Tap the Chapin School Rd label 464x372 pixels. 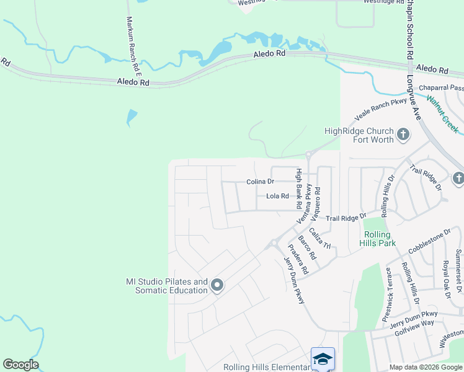click(410, 30)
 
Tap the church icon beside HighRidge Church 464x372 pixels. click(403, 133)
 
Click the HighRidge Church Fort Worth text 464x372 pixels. click(359, 135)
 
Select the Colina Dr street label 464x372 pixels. click(260, 182)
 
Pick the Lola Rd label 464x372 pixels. click(277, 197)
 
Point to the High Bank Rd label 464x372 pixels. click(298, 188)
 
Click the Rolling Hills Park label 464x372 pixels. click(377, 239)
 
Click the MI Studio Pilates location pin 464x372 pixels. click(216, 285)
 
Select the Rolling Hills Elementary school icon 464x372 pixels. click(323, 359)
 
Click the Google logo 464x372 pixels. click(21, 365)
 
